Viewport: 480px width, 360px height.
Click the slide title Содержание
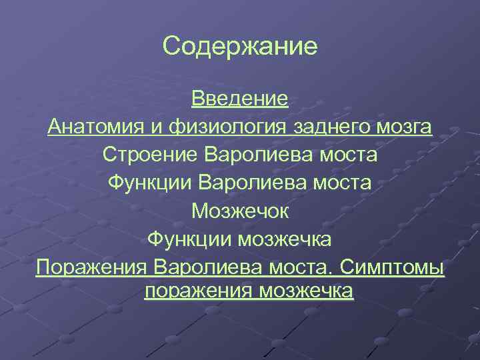point(240,47)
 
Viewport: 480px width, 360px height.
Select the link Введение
point(240,99)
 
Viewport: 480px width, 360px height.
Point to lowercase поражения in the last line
point(198,291)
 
